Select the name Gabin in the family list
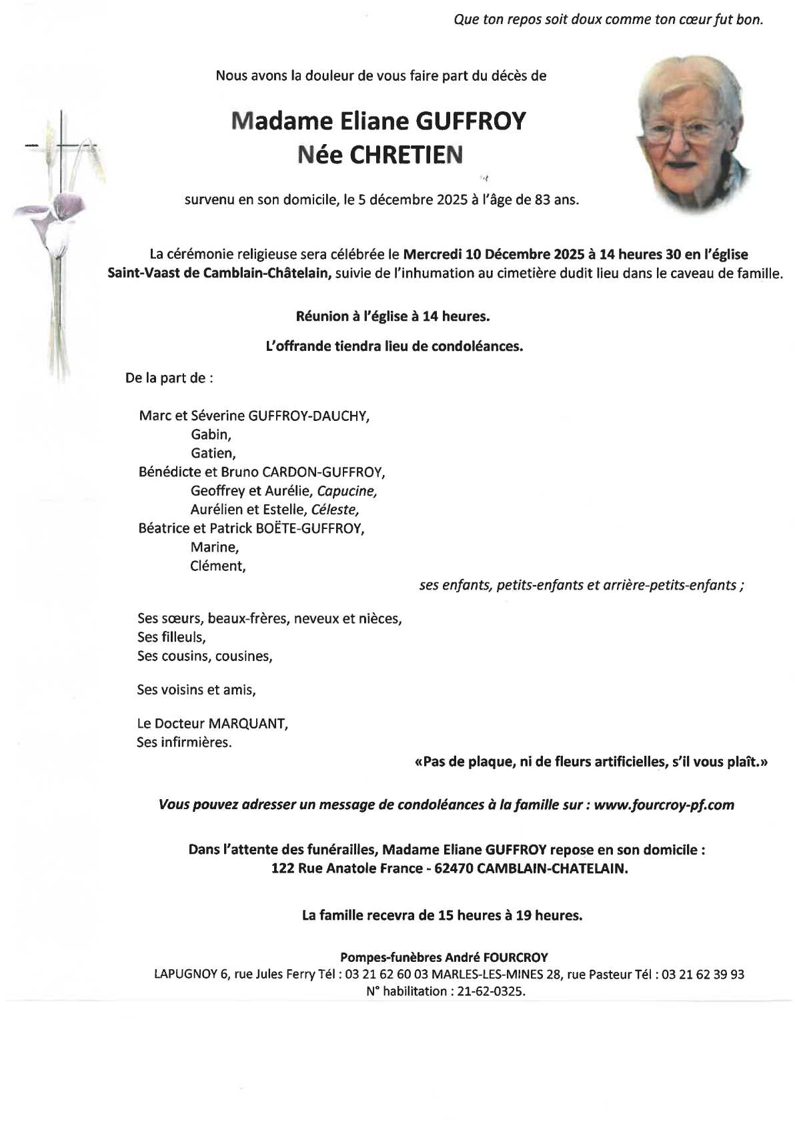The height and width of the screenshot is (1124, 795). tap(211, 435)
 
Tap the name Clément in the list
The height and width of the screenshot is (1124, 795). tap(217, 566)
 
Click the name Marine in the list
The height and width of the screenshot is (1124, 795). tap(214, 547)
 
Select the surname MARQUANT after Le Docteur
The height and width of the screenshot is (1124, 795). tap(248, 724)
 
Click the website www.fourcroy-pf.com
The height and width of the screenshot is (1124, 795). tap(664, 804)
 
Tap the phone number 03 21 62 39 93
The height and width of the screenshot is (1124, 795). tap(704, 974)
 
